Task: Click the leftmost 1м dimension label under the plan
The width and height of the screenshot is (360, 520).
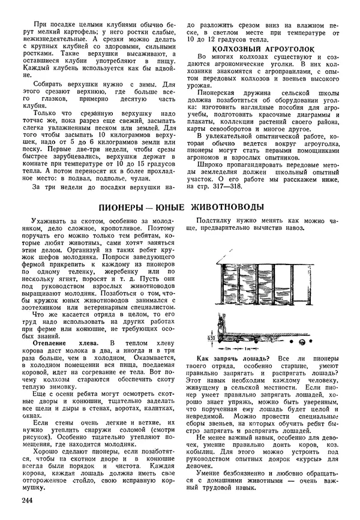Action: pyautogui.click(x=227, y=348)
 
